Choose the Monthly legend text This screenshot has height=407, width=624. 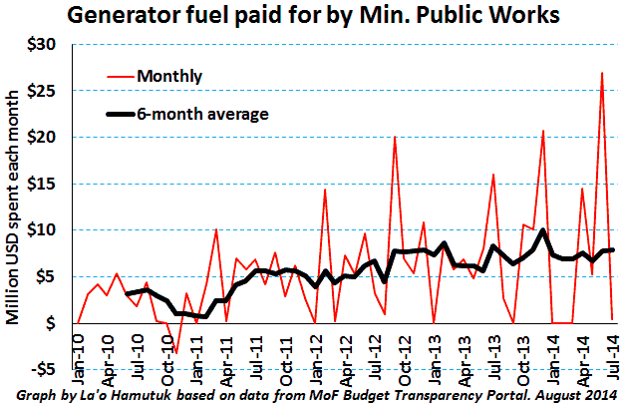pos(170,75)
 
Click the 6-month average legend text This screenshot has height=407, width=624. pos(203,114)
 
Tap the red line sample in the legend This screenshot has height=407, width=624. pos(119,75)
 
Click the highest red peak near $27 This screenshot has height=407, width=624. pos(601,74)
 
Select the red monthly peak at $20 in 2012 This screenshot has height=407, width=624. pos(395,138)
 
